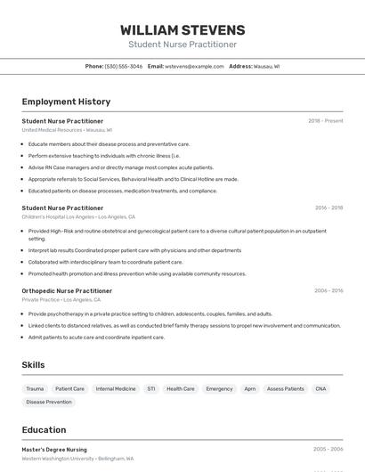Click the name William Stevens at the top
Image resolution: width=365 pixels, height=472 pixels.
point(182,30)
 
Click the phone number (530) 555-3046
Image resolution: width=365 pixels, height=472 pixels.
point(124,66)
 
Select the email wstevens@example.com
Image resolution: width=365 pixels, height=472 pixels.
point(194,66)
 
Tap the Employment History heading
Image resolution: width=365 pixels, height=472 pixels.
point(66,102)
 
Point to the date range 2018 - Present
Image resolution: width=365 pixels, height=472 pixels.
point(326,121)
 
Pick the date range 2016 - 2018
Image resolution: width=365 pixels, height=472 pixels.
point(328,208)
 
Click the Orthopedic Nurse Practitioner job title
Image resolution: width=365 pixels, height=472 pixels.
point(67,290)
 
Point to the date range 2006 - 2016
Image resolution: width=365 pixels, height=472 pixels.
point(328,290)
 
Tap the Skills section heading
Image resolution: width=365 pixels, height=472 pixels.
point(33,365)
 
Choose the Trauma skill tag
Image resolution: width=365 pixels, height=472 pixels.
point(35,389)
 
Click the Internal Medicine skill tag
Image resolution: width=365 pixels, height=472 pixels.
point(116,389)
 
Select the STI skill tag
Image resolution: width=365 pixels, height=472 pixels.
point(151,389)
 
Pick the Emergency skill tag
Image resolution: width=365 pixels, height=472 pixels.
point(219,389)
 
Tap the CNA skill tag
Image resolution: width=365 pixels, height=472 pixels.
point(320,389)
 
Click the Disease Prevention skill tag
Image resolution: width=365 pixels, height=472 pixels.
point(49,403)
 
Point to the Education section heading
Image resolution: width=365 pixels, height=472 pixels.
point(44,430)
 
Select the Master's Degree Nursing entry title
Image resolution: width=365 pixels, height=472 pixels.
point(54,450)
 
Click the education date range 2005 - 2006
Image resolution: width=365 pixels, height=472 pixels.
point(328,450)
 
